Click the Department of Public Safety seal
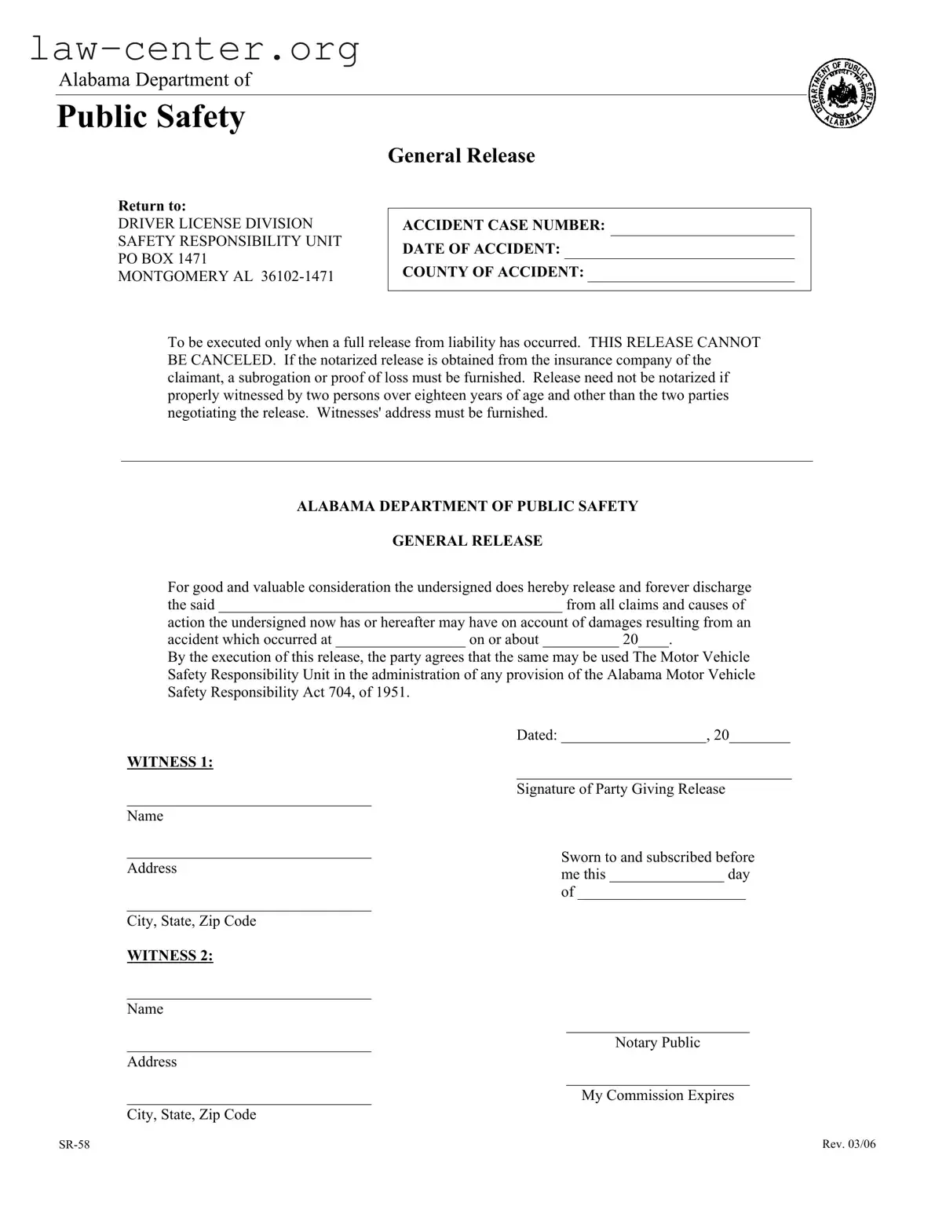(842, 94)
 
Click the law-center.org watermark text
(195, 49)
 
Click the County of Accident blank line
(691, 277)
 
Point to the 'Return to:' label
(152, 206)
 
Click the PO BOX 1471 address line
(163, 258)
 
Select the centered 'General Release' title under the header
(461, 155)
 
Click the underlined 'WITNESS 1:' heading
(170, 762)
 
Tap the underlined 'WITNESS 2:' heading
(170, 955)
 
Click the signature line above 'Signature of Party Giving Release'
(653, 775)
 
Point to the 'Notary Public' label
(657, 1042)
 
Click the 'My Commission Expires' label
(657, 1095)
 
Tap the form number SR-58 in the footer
(74, 1144)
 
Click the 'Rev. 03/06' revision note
(849, 1144)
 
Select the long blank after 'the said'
(390, 607)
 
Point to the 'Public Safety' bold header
(151, 117)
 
